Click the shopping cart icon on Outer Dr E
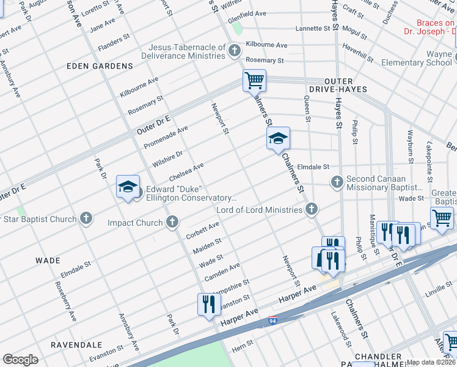point(254,80)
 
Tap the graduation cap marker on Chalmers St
point(278,139)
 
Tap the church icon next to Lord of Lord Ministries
point(312,210)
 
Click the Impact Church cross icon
point(173,223)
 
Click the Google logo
point(20,359)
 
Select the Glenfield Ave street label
point(247,13)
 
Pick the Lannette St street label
point(313,29)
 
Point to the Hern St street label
point(243,348)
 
